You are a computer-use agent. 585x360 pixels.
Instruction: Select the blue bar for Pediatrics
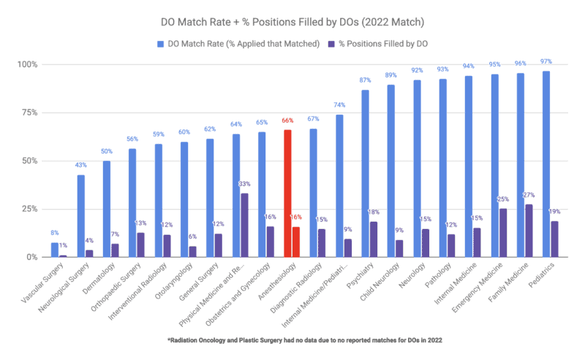pyautogui.click(x=546, y=164)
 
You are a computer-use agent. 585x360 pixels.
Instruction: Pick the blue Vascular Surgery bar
pyautogui.click(x=55, y=250)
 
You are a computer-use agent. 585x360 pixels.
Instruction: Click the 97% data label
pyautogui.click(x=546, y=61)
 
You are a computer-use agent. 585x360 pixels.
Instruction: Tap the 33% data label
pyautogui.click(x=244, y=184)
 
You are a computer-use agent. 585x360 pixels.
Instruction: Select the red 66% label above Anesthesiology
pyautogui.click(x=287, y=120)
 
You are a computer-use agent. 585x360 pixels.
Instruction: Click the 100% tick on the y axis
pyautogui.click(x=32, y=64)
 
